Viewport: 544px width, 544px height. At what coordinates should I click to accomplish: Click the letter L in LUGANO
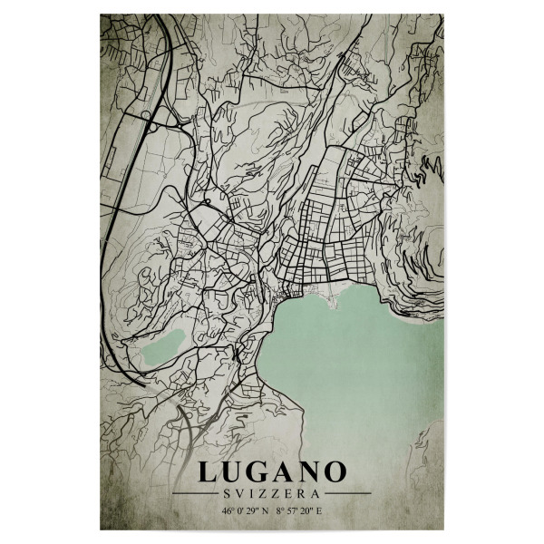208,472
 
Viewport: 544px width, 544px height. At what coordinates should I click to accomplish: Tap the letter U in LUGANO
234,472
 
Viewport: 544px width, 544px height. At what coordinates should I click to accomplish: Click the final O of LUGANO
335,472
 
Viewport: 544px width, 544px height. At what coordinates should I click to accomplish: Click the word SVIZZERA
271,494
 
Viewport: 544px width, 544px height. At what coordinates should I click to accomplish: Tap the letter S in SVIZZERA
226,494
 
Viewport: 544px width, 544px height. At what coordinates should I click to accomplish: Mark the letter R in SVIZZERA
303,494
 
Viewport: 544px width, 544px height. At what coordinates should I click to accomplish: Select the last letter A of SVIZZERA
316,494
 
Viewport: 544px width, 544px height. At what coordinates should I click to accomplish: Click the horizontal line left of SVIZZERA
194,494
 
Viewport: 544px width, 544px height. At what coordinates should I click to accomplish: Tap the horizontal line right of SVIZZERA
348,494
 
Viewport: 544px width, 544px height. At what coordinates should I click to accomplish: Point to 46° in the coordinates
225,511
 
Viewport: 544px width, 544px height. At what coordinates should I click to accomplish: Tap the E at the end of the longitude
319,511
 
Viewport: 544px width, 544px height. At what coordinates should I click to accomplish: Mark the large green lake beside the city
363,363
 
